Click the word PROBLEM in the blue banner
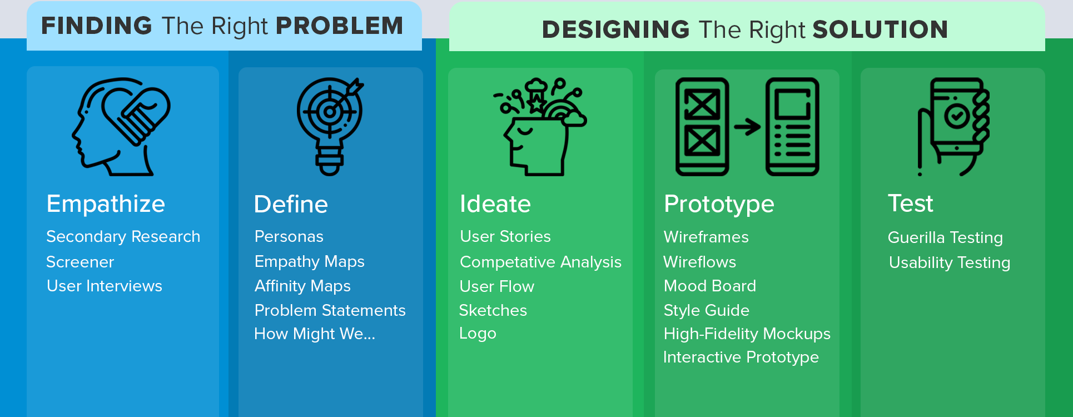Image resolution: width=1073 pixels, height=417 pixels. pyautogui.click(x=339, y=26)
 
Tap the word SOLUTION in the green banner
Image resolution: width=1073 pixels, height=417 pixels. pyautogui.click(x=881, y=29)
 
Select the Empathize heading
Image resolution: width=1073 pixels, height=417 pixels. pyautogui.click(x=106, y=204)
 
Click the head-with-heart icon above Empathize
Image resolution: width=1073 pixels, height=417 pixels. pyautogui.click(x=121, y=127)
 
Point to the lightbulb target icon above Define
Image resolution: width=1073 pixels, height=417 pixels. pyautogui.click(x=330, y=126)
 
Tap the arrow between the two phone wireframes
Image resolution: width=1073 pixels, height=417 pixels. pyautogui.click(x=747, y=127)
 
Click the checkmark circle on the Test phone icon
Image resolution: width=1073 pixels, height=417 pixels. pyautogui.click(x=957, y=116)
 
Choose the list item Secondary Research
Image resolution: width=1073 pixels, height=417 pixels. pyautogui.click(x=123, y=237)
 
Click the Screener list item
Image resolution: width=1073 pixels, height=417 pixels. pyautogui.click(x=80, y=262)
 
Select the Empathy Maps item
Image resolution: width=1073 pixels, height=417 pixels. pyautogui.click(x=309, y=262)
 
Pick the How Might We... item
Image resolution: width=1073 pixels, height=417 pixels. pyautogui.click(x=315, y=334)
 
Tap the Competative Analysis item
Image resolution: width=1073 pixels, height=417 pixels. pyautogui.click(x=540, y=262)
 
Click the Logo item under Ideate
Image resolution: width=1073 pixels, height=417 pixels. pyautogui.click(x=478, y=334)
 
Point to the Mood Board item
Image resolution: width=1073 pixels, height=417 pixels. pyautogui.click(x=710, y=286)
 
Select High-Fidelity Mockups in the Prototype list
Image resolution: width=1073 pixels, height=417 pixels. pyautogui.click(x=747, y=334)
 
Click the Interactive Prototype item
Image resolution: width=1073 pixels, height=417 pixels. pyautogui.click(x=741, y=357)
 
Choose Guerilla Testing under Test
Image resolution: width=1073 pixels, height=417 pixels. pyautogui.click(x=945, y=237)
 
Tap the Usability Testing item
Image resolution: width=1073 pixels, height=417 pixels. pyautogui.click(x=950, y=262)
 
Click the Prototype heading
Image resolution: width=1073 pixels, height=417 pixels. pyautogui.click(x=719, y=205)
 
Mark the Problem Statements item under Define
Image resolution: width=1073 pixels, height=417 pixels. pyautogui.click(x=330, y=310)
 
